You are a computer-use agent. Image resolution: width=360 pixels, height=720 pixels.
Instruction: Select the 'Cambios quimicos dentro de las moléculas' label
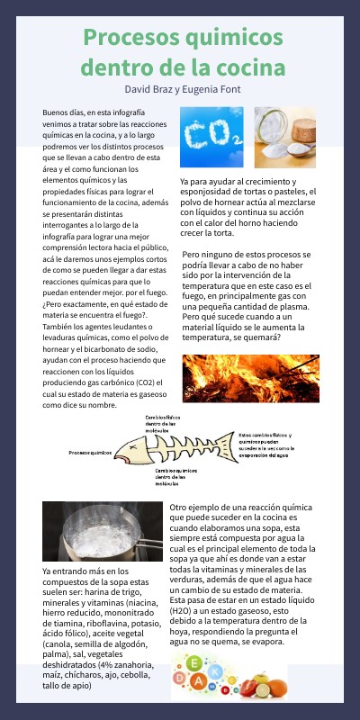175,476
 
